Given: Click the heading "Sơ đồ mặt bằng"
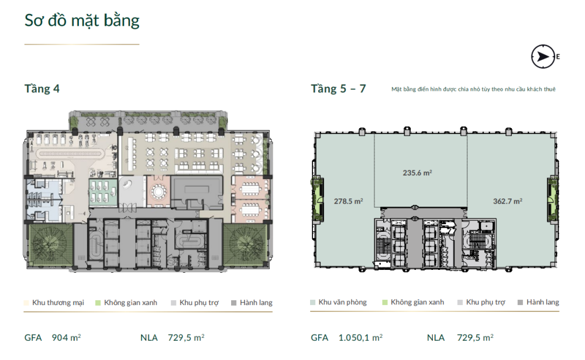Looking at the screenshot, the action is pyautogui.click(x=82, y=21).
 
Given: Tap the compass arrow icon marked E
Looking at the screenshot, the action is pyautogui.click(x=543, y=57).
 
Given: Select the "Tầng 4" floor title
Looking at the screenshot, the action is pyautogui.click(x=42, y=89).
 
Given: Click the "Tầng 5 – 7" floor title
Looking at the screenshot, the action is pyautogui.click(x=338, y=89).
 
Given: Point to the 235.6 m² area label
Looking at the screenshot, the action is pyautogui.click(x=418, y=173).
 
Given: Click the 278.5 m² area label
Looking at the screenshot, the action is pyautogui.click(x=349, y=201).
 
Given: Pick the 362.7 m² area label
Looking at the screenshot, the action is pyautogui.click(x=508, y=201).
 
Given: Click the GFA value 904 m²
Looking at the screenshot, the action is pyautogui.click(x=67, y=338).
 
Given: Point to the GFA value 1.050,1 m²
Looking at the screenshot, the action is pyautogui.click(x=360, y=338).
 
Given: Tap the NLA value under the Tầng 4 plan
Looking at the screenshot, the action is pyautogui.click(x=186, y=338).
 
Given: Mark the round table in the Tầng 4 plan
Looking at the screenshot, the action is pyautogui.click(x=159, y=192).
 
